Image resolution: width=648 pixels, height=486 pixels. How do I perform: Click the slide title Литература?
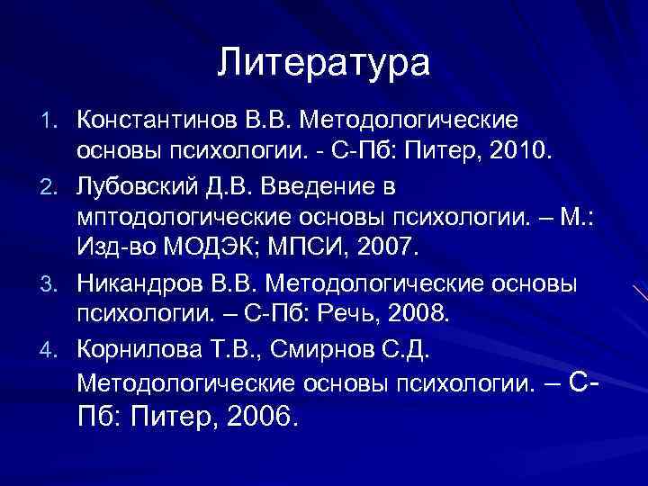pos(324,64)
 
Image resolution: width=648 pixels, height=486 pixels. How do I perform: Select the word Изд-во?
pos(108,247)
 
